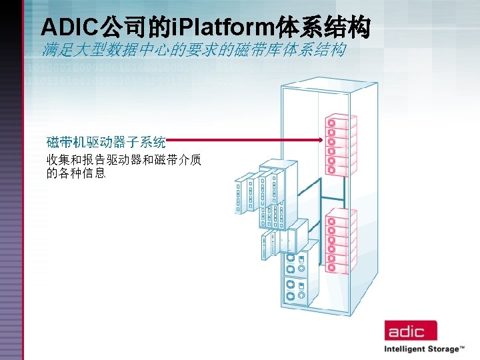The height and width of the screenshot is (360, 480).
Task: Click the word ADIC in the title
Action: (69, 27)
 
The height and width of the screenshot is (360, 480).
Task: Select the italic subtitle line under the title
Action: (193, 50)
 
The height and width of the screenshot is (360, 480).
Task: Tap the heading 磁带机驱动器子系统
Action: (106, 142)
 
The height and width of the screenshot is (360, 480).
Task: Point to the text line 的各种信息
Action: (76, 173)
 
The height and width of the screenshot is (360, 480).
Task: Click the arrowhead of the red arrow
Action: (321, 140)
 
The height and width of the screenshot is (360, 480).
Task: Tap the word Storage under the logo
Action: (444, 349)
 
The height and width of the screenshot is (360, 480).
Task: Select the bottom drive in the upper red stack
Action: (339, 169)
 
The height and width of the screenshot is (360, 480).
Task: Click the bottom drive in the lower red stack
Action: (339, 267)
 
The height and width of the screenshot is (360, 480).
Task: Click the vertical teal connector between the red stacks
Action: (341, 191)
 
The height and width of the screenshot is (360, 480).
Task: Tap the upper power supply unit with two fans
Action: (296, 263)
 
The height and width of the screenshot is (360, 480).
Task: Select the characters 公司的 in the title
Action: (135, 27)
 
